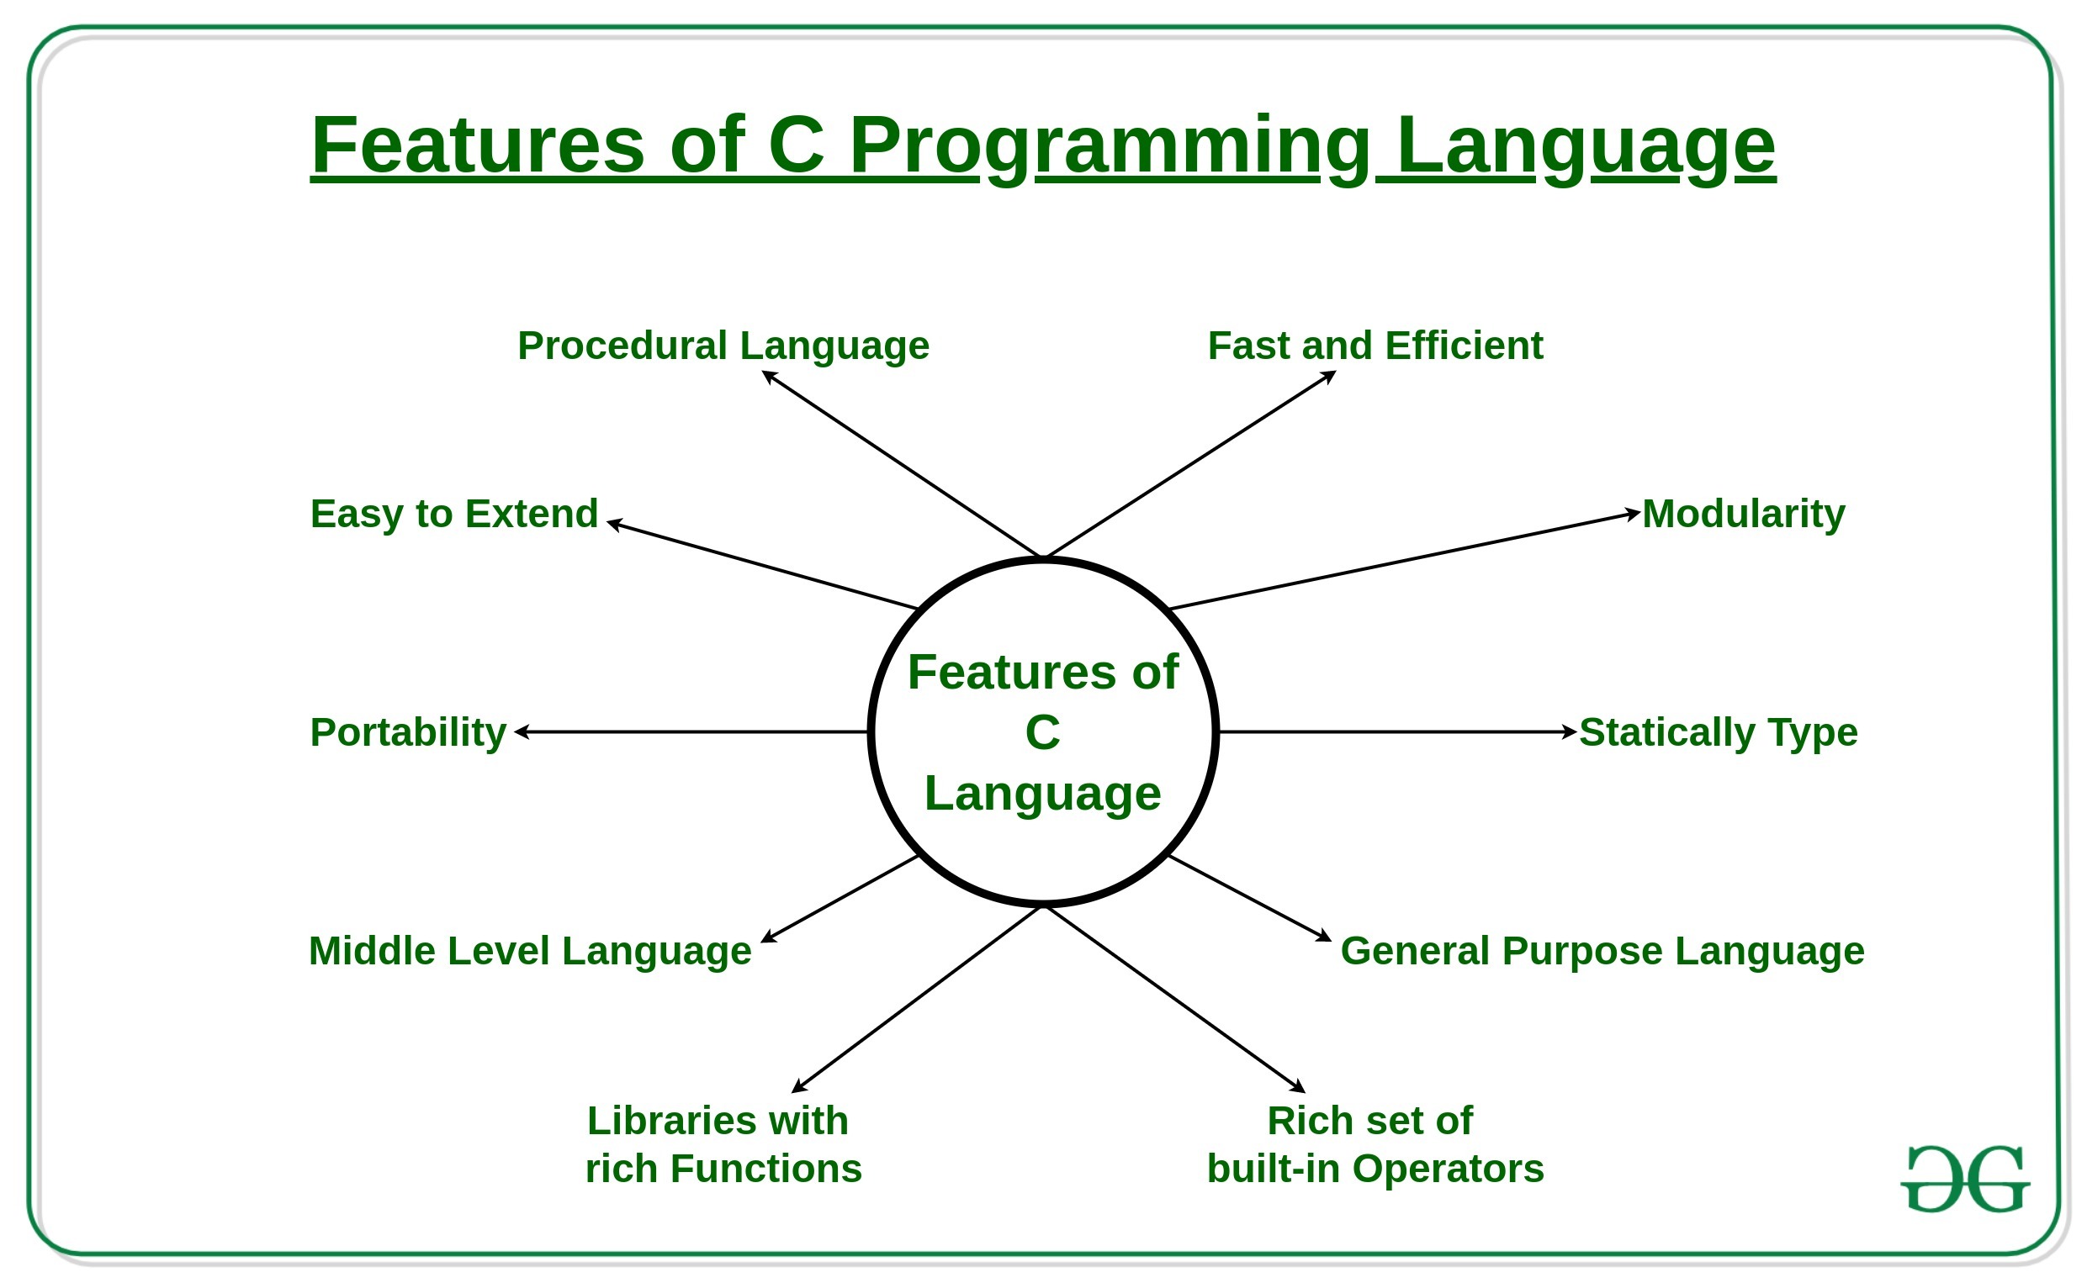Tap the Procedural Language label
tap(723, 346)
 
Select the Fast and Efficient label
tap(1375, 346)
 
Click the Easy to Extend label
tap(454, 514)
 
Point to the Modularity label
tap(1743, 514)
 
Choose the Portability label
tap(408, 731)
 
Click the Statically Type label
tap(1718, 731)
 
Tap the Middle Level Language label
tap(530, 950)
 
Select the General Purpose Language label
tap(1602, 950)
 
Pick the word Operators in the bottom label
tap(1448, 1169)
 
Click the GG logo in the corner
tap(1965, 1180)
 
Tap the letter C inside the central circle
tap(1042, 732)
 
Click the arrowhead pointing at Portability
tap(521, 731)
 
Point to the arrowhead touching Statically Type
tap(1571, 731)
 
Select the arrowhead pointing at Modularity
tap(1634, 514)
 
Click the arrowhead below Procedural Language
tap(768, 377)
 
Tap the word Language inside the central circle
tap(1042, 794)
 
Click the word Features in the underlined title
tap(478, 146)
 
